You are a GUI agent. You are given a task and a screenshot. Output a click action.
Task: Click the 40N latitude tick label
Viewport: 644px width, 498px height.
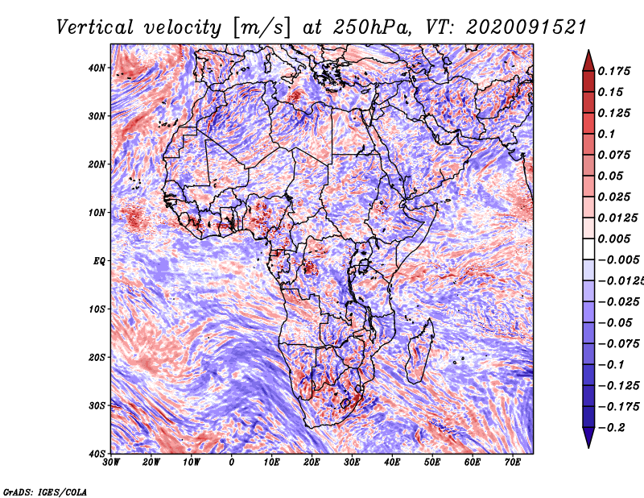pyautogui.click(x=97, y=68)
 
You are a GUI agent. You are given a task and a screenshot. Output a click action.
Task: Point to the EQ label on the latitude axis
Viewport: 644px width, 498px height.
pyautogui.click(x=99, y=261)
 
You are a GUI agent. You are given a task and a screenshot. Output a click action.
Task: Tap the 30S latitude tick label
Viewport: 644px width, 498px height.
pyautogui.click(x=97, y=405)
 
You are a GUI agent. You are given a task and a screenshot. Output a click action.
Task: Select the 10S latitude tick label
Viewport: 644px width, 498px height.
pyautogui.click(x=97, y=309)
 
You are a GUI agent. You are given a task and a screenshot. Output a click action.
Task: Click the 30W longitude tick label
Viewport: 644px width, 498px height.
pyautogui.click(x=111, y=463)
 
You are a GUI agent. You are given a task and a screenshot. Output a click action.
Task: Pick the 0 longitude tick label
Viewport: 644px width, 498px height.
pyautogui.click(x=232, y=463)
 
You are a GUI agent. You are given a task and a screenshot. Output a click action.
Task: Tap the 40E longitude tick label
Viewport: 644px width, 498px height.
pyautogui.click(x=392, y=463)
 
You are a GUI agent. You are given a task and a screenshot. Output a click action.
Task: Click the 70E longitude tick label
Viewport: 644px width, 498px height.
pyautogui.click(x=513, y=463)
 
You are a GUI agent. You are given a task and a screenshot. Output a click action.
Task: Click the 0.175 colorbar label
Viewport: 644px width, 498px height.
pyautogui.click(x=614, y=71)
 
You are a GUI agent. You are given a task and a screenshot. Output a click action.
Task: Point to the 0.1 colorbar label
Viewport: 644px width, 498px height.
pyautogui.click(x=607, y=134)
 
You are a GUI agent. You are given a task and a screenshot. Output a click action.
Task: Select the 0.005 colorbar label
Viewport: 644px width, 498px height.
pyautogui.click(x=614, y=239)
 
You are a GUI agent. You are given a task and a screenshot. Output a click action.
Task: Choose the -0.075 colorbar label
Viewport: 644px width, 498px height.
pyautogui.click(x=619, y=344)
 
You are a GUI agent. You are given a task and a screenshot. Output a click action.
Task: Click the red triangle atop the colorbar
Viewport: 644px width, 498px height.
pyautogui.click(x=588, y=61)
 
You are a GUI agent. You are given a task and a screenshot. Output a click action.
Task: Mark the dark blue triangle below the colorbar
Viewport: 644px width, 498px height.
pyautogui.click(x=588, y=438)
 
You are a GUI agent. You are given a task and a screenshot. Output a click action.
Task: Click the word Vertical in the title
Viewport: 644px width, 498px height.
pyautogui.click(x=95, y=27)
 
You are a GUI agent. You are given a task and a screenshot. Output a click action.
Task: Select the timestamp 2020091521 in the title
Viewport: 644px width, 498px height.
pyautogui.click(x=526, y=27)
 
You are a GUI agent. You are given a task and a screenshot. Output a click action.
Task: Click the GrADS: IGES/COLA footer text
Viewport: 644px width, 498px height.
pyautogui.click(x=45, y=492)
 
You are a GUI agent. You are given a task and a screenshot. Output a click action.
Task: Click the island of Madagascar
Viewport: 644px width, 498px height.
pyautogui.click(x=419, y=351)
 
